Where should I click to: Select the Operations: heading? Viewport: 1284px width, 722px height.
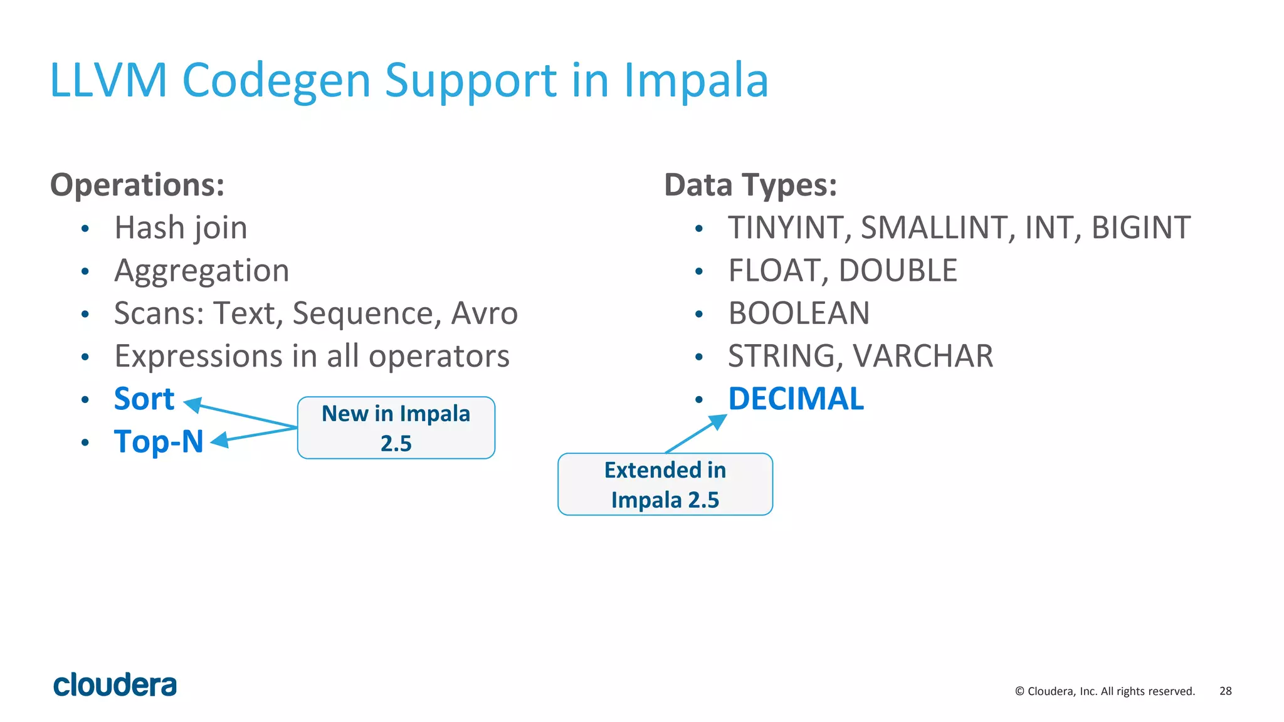point(137,186)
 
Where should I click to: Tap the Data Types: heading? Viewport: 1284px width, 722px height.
point(750,186)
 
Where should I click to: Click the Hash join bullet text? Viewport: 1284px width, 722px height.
point(181,228)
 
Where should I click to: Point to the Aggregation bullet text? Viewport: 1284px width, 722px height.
point(201,271)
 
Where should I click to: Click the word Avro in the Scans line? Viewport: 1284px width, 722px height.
point(484,313)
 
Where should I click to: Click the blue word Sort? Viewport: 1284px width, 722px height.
point(144,399)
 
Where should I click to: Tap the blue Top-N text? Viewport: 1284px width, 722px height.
point(159,442)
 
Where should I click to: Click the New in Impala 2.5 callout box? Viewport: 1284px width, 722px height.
point(396,428)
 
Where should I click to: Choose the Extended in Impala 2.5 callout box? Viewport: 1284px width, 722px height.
point(665,484)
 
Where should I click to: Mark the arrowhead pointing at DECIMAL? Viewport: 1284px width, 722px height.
point(718,422)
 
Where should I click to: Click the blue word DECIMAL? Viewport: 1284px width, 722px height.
point(796,399)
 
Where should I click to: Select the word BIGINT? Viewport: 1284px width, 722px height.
point(1140,228)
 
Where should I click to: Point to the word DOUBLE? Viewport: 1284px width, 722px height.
point(897,271)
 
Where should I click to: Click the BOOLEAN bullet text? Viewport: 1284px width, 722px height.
point(799,313)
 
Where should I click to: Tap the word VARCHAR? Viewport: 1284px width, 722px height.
point(923,357)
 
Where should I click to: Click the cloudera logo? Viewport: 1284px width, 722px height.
point(115,685)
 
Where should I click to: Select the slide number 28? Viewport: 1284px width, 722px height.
point(1225,691)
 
